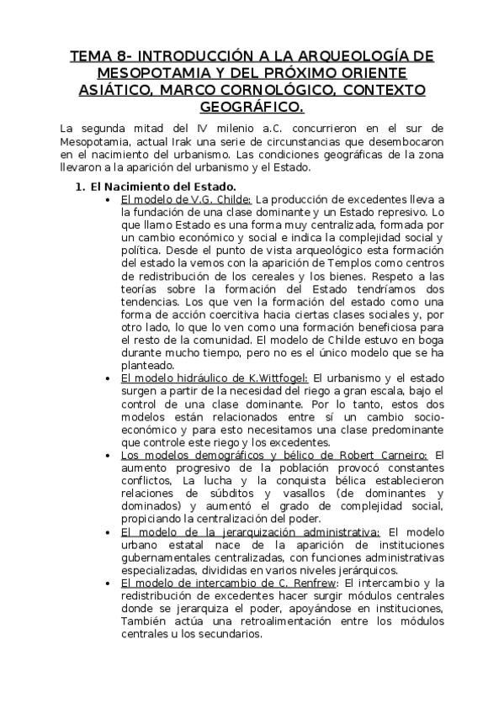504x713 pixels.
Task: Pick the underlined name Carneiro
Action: (x=395, y=456)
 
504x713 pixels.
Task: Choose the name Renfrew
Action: (x=310, y=584)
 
